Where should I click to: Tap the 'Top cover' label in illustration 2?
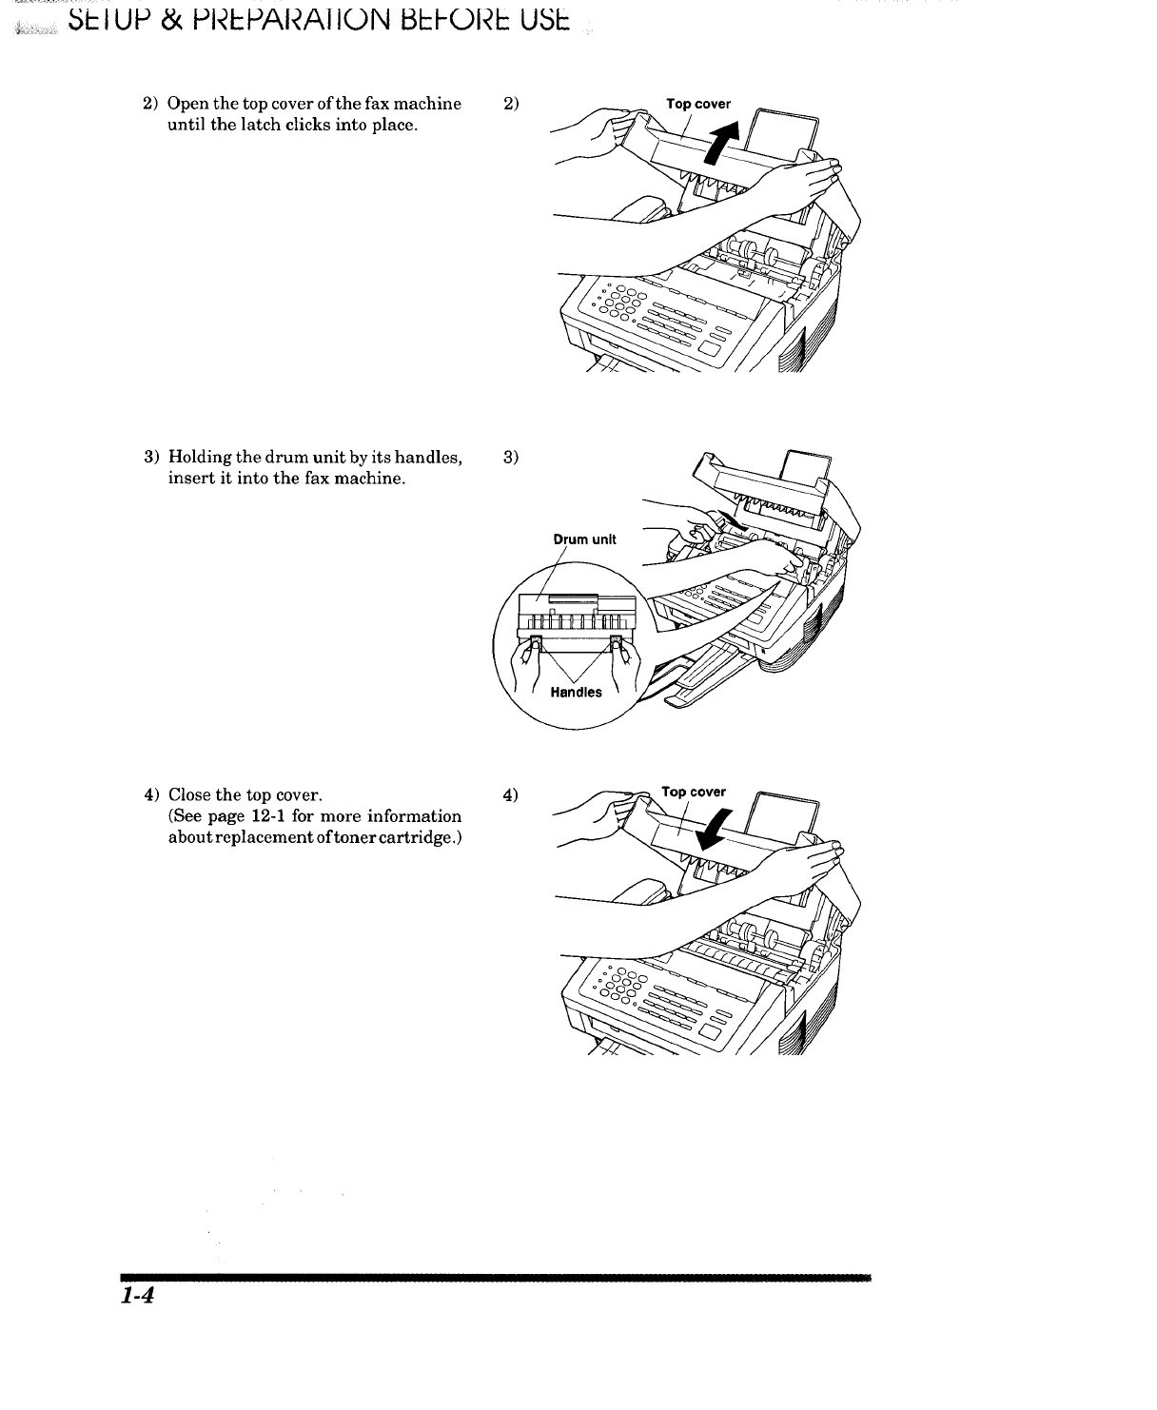pos(698,105)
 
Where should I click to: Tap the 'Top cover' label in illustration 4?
pos(694,792)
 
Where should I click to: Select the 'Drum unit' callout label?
pos(585,539)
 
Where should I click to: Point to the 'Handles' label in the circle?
pos(577,693)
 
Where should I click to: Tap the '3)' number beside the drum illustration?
pos(511,458)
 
